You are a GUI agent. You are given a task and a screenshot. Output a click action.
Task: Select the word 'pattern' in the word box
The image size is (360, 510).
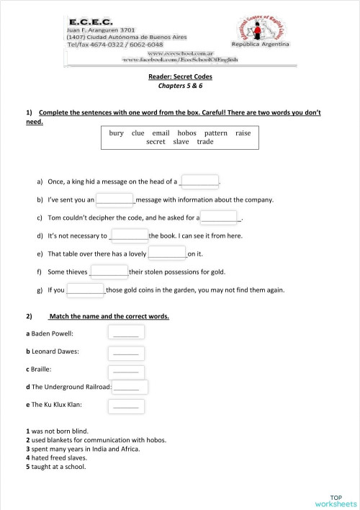click(215, 133)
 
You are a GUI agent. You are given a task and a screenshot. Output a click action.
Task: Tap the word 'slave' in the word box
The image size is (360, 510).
click(181, 142)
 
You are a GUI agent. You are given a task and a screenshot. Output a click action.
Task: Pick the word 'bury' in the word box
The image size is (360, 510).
click(117, 133)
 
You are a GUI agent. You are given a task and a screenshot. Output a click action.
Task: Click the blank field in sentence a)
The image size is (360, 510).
click(199, 181)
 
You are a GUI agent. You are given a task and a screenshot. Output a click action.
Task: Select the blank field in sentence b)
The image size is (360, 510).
click(115, 199)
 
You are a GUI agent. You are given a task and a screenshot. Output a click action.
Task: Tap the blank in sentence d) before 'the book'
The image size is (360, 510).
click(129, 235)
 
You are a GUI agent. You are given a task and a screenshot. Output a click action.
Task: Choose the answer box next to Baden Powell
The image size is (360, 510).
click(126, 333)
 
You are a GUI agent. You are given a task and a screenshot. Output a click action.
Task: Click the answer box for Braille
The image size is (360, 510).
click(126, 370)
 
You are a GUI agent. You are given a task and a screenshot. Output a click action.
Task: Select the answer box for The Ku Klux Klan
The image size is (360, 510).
click(126, 406)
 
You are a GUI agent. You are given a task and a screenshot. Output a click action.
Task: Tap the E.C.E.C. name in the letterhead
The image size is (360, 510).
click(89, 22)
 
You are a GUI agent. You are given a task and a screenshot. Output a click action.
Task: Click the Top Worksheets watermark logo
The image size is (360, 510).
click(336, 500)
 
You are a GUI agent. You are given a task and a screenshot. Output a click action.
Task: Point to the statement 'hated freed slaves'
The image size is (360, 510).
click(58, 457)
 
